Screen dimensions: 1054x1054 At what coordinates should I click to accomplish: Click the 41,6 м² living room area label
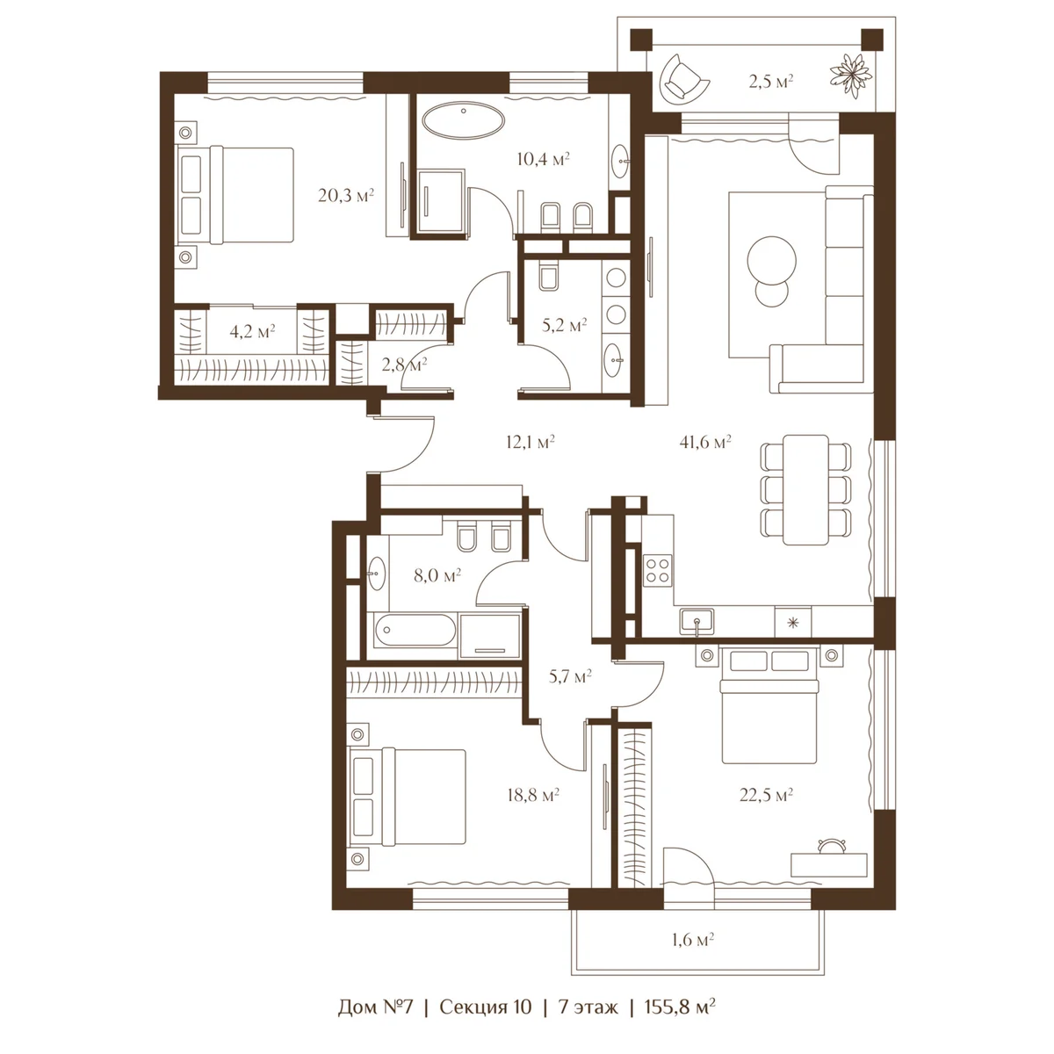(705, 442)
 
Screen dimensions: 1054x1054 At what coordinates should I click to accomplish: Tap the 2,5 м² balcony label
(770, 82)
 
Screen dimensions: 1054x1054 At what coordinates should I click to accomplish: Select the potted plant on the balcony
(850, 76)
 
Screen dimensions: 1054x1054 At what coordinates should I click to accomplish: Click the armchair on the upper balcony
(683, 76)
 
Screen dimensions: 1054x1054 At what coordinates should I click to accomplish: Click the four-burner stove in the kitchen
(658, 571)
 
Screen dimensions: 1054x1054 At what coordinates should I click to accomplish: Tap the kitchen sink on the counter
(697, 622)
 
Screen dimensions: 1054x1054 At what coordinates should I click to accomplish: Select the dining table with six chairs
(805, 489)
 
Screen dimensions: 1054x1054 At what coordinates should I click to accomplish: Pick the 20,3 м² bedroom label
(346, 195)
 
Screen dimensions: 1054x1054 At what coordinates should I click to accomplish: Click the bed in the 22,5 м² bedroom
(769, 705)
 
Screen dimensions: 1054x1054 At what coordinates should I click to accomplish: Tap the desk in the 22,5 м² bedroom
(829, 864)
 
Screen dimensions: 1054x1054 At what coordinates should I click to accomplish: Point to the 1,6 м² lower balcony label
(693, 940)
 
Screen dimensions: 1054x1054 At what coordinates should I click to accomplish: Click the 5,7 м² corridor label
(570, 677)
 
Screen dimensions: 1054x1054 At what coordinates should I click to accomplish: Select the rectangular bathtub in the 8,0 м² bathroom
(415, 630)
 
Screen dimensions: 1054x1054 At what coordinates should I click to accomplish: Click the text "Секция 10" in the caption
(485, 1007)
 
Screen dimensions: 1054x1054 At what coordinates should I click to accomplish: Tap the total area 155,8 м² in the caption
(680, 1007)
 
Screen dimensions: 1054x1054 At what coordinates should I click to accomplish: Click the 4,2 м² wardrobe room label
(251, 331)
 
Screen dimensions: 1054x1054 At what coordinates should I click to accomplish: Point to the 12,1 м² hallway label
(530, 442)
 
